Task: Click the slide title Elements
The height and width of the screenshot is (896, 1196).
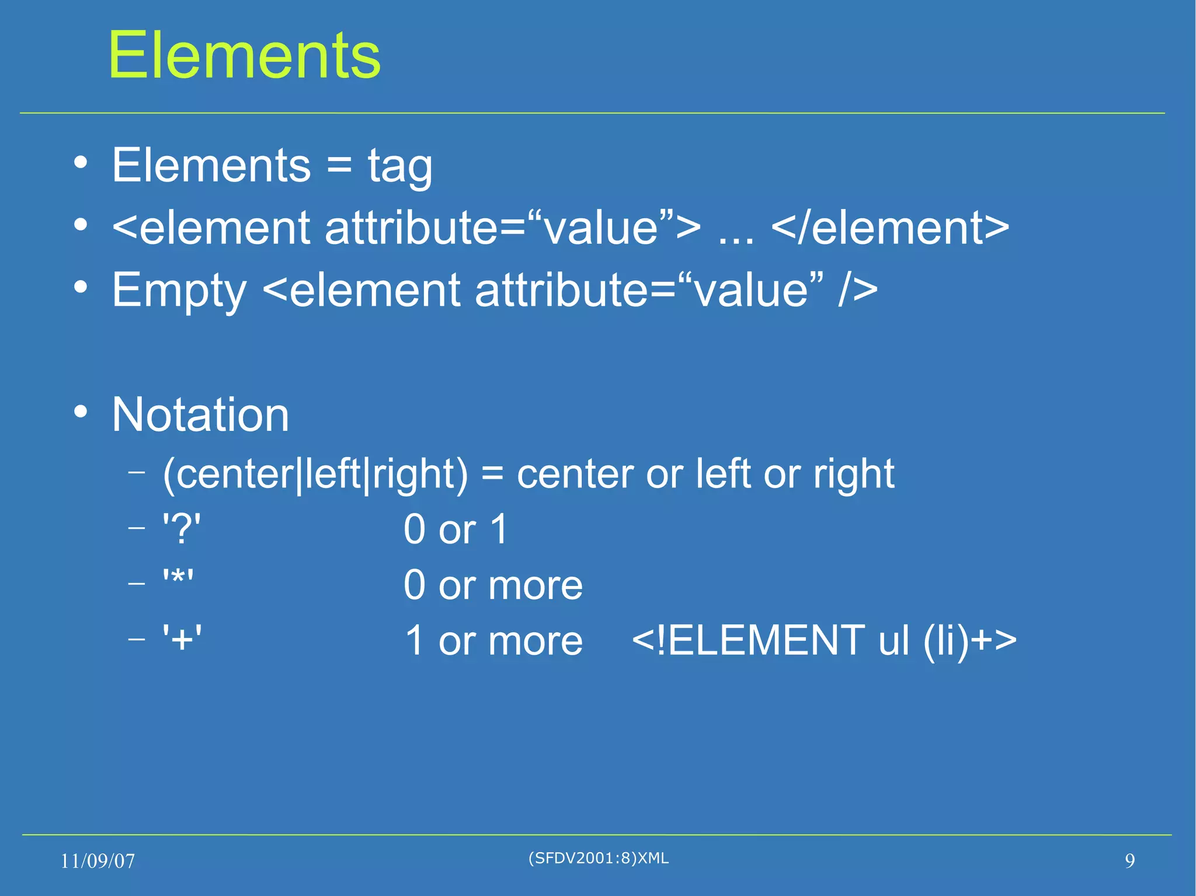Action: tap(244, 55)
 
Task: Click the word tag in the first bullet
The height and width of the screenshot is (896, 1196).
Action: tap(400, 166)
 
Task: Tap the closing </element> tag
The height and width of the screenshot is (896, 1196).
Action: tap(890, 228)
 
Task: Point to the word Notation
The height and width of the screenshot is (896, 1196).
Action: tap(200, 414)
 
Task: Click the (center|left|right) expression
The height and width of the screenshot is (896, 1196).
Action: tap(315, 474)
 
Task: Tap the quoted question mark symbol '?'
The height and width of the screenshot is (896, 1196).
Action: tap(182, 529)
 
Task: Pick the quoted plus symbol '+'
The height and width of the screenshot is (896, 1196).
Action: tap(182, 639)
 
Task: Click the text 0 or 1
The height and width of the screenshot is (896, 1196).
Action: tap(456, 529)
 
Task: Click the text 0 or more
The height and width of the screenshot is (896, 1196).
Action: tap(493, 585)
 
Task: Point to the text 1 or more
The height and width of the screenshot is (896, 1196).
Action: tap(493, 640)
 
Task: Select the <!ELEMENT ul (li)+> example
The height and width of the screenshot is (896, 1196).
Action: tap(824, 640)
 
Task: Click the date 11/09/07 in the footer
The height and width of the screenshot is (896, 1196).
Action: tap(98, 861)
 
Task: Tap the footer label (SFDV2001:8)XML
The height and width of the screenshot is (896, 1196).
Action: tap(598, 858)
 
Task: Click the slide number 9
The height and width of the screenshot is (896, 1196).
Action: tap(1129, 861)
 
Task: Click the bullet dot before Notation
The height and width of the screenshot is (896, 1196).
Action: tap(81, 412)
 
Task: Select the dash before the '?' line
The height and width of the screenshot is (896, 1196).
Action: tap(136, 528)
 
